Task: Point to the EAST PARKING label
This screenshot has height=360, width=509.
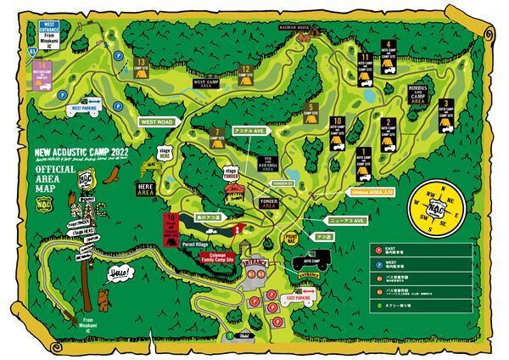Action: coord(301,299)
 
